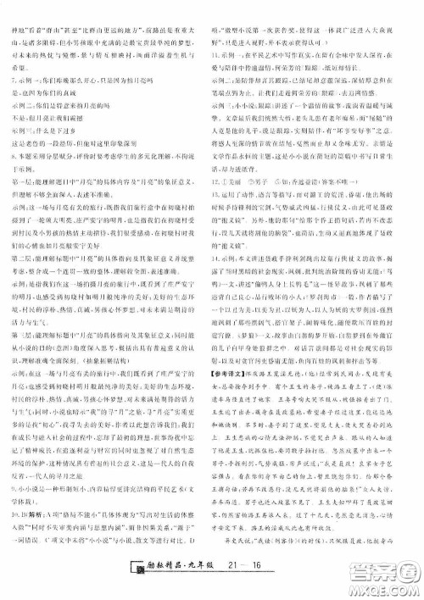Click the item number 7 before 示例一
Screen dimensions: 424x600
(x=9, y=76)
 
